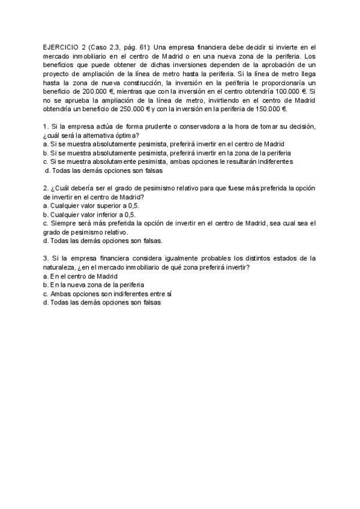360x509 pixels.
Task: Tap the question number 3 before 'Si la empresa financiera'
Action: pyautogui.click(x=46, y=258)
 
